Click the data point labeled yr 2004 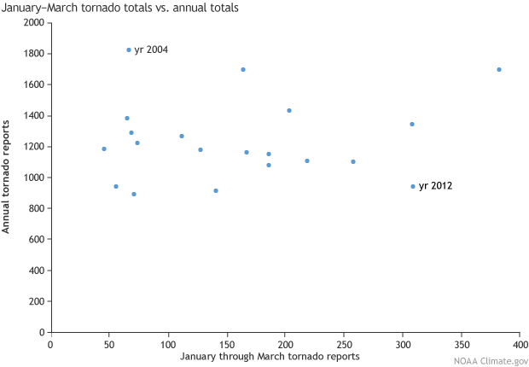[129, 50]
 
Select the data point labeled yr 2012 [413, 186]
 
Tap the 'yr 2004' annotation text [151, 50]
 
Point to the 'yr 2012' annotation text [435, 186]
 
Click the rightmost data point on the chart [499, 69]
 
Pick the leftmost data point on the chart [104, 149]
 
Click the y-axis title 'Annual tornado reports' [7, 177]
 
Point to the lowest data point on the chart [134, 194]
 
